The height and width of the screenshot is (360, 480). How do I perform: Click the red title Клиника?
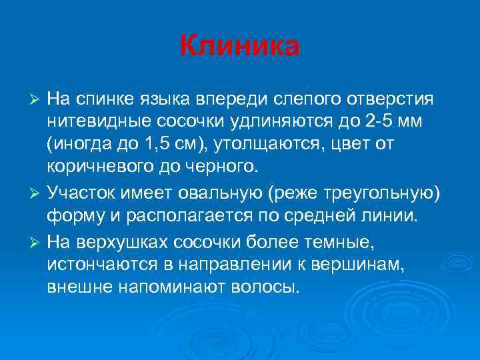click(x=240, y=47)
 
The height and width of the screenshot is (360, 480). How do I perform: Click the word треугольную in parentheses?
click(x=385, y=193)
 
